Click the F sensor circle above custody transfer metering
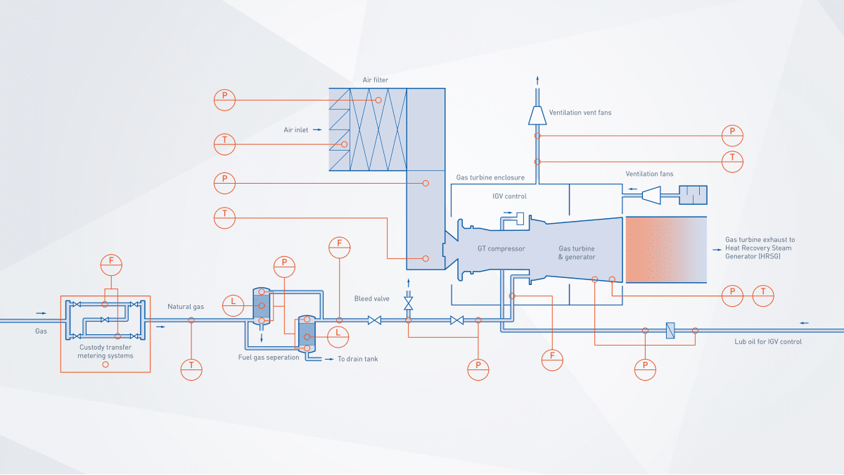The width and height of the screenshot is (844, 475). (x=110, y=264)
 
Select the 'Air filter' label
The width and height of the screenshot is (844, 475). (x=375, y=80)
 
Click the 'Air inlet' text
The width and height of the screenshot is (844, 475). (x=296, y=130)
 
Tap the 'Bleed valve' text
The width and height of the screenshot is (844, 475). (x=372, y=299)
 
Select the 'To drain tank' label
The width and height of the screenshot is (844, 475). (x=358, y=359)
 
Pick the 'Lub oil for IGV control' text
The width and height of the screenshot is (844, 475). (x=763, y=342)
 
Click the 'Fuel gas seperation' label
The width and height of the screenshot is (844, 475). (x=268, y=357)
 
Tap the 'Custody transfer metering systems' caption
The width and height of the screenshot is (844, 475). (x=105, y=351)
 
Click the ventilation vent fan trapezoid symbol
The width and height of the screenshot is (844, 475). (x=537, y=114)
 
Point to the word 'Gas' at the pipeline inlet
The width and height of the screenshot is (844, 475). (x=41, y=331)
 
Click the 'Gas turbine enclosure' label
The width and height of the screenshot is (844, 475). (x=490, y=177)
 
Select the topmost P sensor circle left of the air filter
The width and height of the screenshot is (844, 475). (x=224, y=100)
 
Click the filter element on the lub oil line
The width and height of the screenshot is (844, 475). (x=670, y=330)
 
